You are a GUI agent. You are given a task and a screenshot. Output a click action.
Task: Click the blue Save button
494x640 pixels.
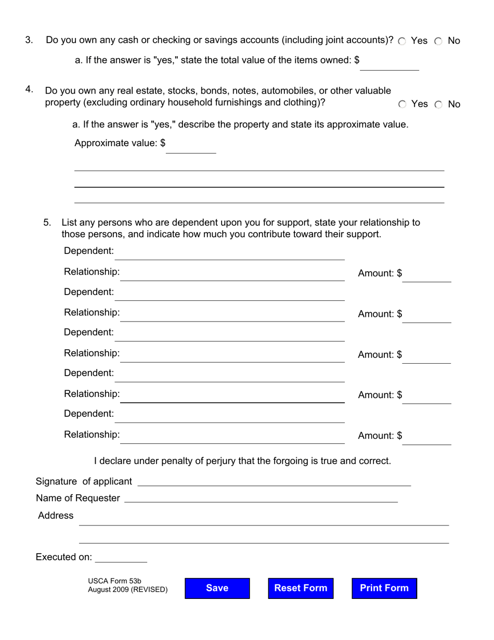pyautogui.click(x=217, y=588)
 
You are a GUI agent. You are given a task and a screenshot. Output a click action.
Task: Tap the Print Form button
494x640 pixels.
pyautogui.click(x=384, y=588)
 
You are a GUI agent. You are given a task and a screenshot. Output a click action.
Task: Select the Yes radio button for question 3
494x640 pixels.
pyautogui.click(x=402, y=41)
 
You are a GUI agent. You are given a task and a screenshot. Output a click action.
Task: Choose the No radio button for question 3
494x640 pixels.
pyautogui.click(x=438, y=41)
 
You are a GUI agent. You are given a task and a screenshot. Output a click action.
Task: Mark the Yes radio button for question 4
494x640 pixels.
pyautogui.click(x=402, y=105)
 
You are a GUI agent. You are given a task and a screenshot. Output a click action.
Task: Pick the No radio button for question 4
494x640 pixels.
pyautogui.click(x=438, y=105)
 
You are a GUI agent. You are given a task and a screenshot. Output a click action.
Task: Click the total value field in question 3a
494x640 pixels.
pyautogui.click(x=389, y=65)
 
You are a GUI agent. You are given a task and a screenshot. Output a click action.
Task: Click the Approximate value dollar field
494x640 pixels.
pyautogui.click(x=191, y=147)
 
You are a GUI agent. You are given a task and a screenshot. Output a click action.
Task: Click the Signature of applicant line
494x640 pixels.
pyautogui.click(x=274, y=481)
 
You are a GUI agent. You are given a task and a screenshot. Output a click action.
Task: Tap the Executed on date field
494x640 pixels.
pyautogui.click(x=121, y=557)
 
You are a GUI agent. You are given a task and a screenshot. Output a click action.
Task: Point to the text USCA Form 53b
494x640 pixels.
pyautogui.click(x=114, y=581)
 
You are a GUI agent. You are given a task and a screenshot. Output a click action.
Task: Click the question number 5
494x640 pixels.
pyautogui.click(x=47, y=223)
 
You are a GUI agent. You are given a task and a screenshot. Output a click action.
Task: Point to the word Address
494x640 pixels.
pyautogui.click(x=56, y=516)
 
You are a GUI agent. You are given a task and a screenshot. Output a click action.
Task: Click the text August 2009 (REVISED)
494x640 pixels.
pyautogui.click(x=127, y=590)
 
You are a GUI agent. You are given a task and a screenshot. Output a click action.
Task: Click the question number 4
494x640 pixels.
pyautogui.click(x=29, y=89)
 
